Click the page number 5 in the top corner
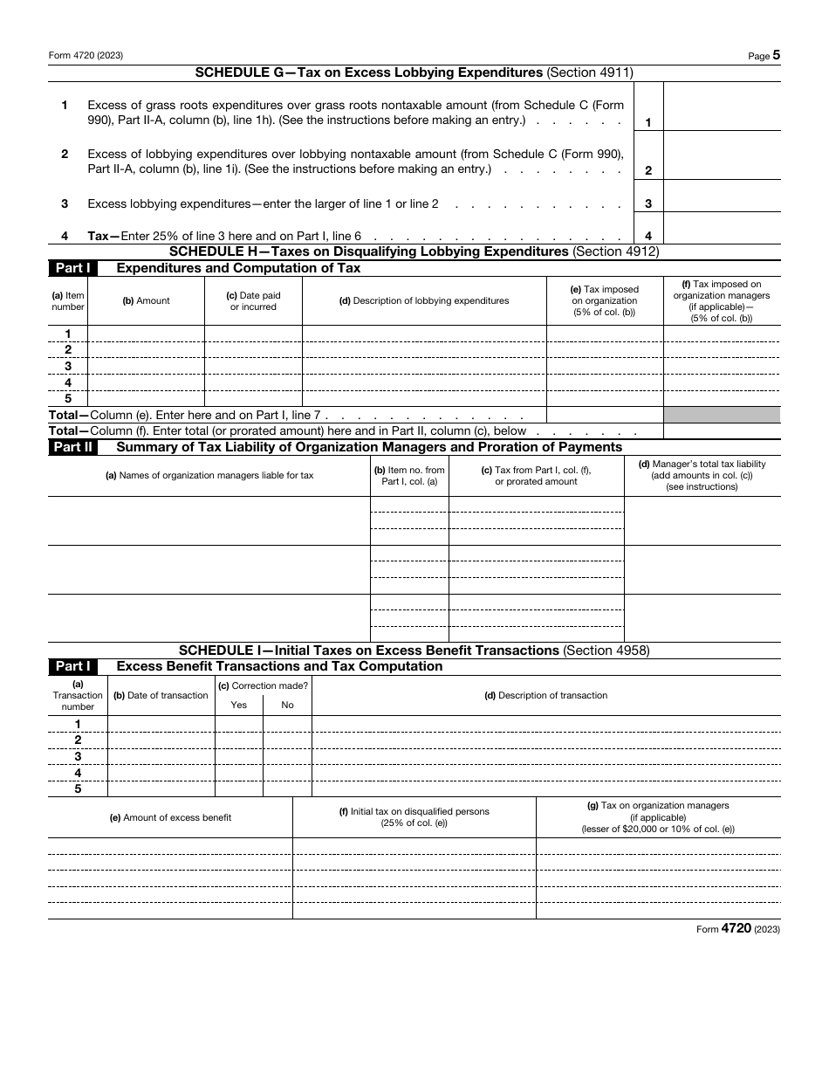tap(776, 55)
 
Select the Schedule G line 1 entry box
tap(722, 107)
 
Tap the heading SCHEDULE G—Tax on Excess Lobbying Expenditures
tap(414, 73)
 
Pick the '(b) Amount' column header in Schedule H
tap(147, 300)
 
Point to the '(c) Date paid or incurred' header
tap(253, 300)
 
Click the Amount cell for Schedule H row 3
tap(147, 366)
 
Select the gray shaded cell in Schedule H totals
tap(722, 416)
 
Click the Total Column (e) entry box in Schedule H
tap(605, 416)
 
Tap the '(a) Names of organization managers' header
tap(209, 475)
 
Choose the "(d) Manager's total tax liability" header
tap(702, 475)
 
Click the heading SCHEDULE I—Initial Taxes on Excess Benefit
tap(414, 651)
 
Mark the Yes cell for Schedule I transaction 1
tap(239, 724)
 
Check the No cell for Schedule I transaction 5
tap(287, 788)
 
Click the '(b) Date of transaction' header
tap(161, 695)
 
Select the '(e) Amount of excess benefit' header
tap(170, 817)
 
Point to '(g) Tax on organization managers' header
tap(658, 817)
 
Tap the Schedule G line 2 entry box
tap(722, 156)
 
